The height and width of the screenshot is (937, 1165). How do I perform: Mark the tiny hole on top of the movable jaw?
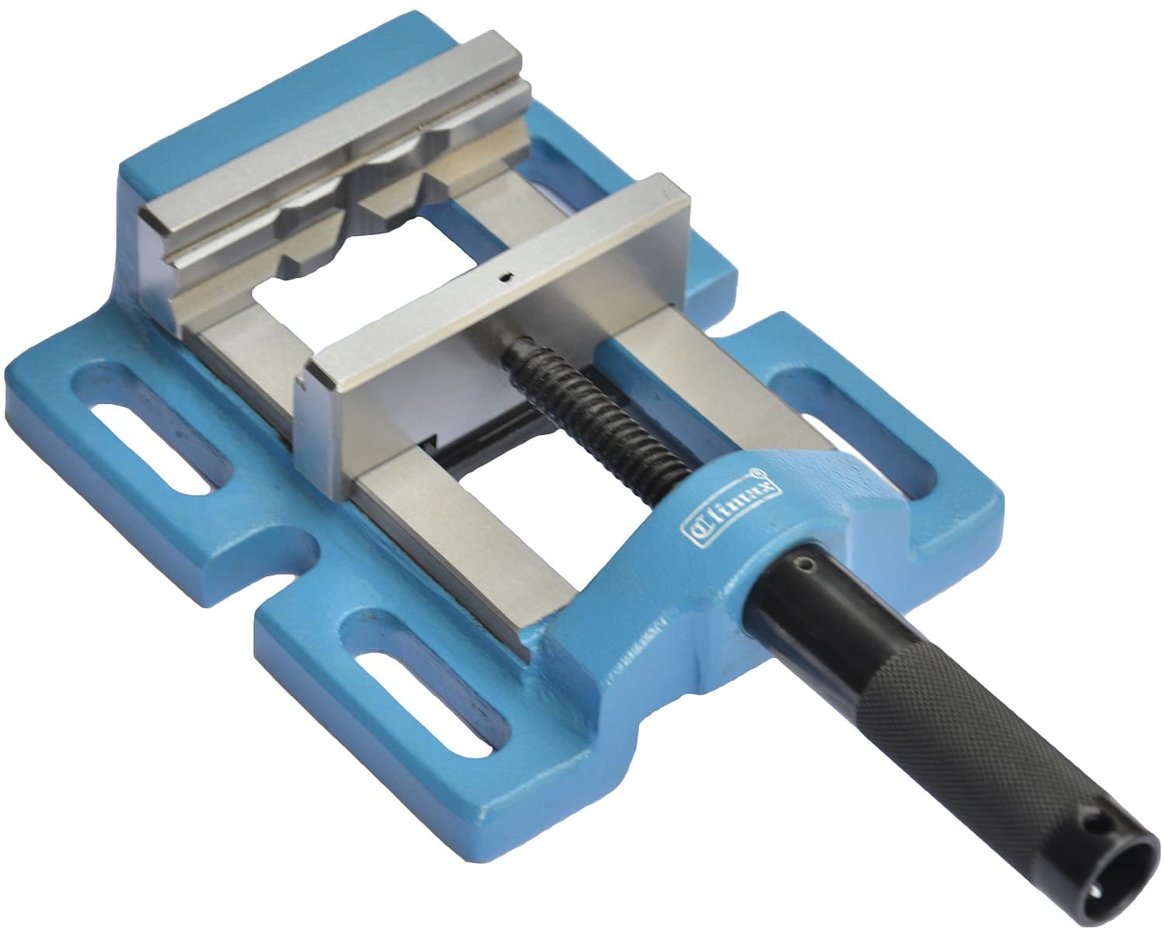coord(505,276)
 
